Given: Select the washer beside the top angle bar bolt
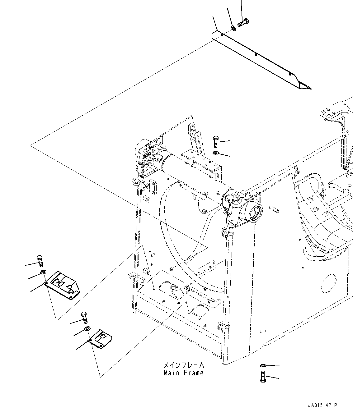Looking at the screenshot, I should click(x=233, y=29).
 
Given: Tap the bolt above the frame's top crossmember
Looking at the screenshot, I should click(x=216, y=141).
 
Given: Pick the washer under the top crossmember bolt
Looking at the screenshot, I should click(x=215, y=153).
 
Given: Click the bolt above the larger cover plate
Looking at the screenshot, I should click(x=40, y=261).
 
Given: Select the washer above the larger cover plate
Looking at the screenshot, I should click(x=43, y=273).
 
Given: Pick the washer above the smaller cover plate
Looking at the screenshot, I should click(x=87, y=329).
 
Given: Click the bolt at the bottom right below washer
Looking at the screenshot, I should click(x=262, y=377).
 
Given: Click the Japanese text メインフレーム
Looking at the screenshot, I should click(x=184, y=365).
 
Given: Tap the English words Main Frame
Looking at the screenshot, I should click(x=184, y=373).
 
